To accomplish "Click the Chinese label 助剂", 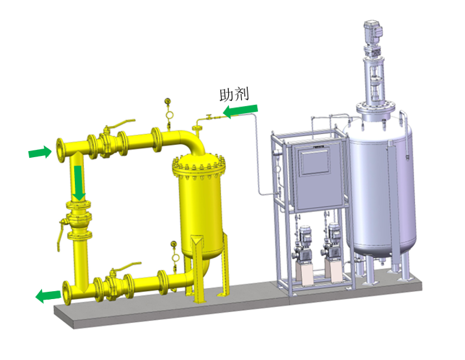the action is pyautogui.click(x=234, y=94).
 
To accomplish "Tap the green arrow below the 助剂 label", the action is pyautogui.click(x=240, y=111).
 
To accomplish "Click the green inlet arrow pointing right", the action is pyautogui.click(x=40, y=152).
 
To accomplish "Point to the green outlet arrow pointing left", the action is pyautogui.click(x=48, y=296).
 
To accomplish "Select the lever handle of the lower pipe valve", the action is pyautogui.click(x=127, y=267).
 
